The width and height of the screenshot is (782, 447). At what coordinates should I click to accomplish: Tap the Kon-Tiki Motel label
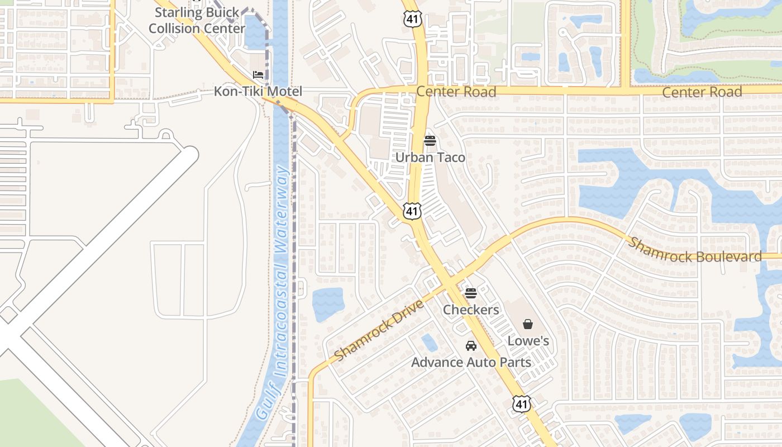point(258,92)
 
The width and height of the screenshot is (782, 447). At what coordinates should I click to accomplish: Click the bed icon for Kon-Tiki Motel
point(258,74)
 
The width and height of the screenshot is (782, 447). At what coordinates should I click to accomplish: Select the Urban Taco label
point(430,158)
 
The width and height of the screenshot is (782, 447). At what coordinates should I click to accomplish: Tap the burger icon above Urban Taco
point(430,140)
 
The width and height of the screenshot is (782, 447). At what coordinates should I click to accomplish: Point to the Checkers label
point(471,310)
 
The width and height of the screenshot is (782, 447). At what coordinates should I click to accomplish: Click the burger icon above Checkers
point(471,293)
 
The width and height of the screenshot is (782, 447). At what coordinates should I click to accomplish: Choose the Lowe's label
point(528,341)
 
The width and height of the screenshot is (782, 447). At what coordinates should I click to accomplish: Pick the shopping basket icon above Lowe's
point(528,324)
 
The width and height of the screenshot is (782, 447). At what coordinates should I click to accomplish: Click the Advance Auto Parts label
point(471,362)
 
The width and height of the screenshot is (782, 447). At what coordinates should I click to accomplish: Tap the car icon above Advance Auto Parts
point(471,345)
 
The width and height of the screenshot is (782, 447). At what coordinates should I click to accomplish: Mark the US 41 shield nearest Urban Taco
point(412,211)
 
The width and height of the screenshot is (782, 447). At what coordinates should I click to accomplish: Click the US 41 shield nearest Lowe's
point(521,404)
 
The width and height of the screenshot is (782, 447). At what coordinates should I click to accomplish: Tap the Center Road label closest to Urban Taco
point(456,92)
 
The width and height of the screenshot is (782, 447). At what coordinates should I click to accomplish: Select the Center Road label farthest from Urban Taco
point(702,92)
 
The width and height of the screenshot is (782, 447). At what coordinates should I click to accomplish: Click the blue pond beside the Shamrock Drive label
point(327,304)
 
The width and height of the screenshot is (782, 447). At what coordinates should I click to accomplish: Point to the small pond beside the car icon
point(430,342)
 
